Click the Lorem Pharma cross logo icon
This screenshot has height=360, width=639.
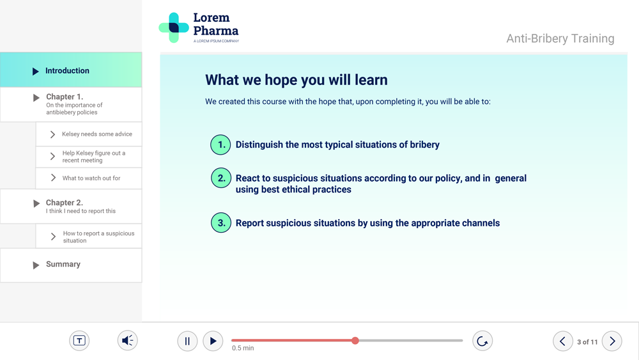point(174,27)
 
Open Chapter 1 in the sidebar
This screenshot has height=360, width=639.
point(71,104)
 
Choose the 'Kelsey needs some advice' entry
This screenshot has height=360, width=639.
point(89,134)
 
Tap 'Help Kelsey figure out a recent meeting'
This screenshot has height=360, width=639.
point(89,157)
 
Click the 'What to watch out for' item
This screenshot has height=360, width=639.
point(89,178)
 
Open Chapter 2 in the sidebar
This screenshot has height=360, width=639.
point(71,207)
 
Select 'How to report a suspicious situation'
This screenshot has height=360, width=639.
point(89,237)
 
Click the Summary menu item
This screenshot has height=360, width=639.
point(71,265)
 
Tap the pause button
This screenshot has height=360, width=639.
point(187,341)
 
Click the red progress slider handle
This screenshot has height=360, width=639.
point(355,340)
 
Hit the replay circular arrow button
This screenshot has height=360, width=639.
point(482,341)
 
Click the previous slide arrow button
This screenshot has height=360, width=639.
point(563,341)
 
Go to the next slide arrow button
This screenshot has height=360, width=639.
point(612,341)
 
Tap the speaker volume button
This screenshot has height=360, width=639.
point(128,340)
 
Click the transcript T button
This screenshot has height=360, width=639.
point(79,340)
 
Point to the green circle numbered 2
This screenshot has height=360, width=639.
point(221,178)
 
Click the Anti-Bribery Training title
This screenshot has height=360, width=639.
point(560,38)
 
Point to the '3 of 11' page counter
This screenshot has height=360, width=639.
point(587,342)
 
